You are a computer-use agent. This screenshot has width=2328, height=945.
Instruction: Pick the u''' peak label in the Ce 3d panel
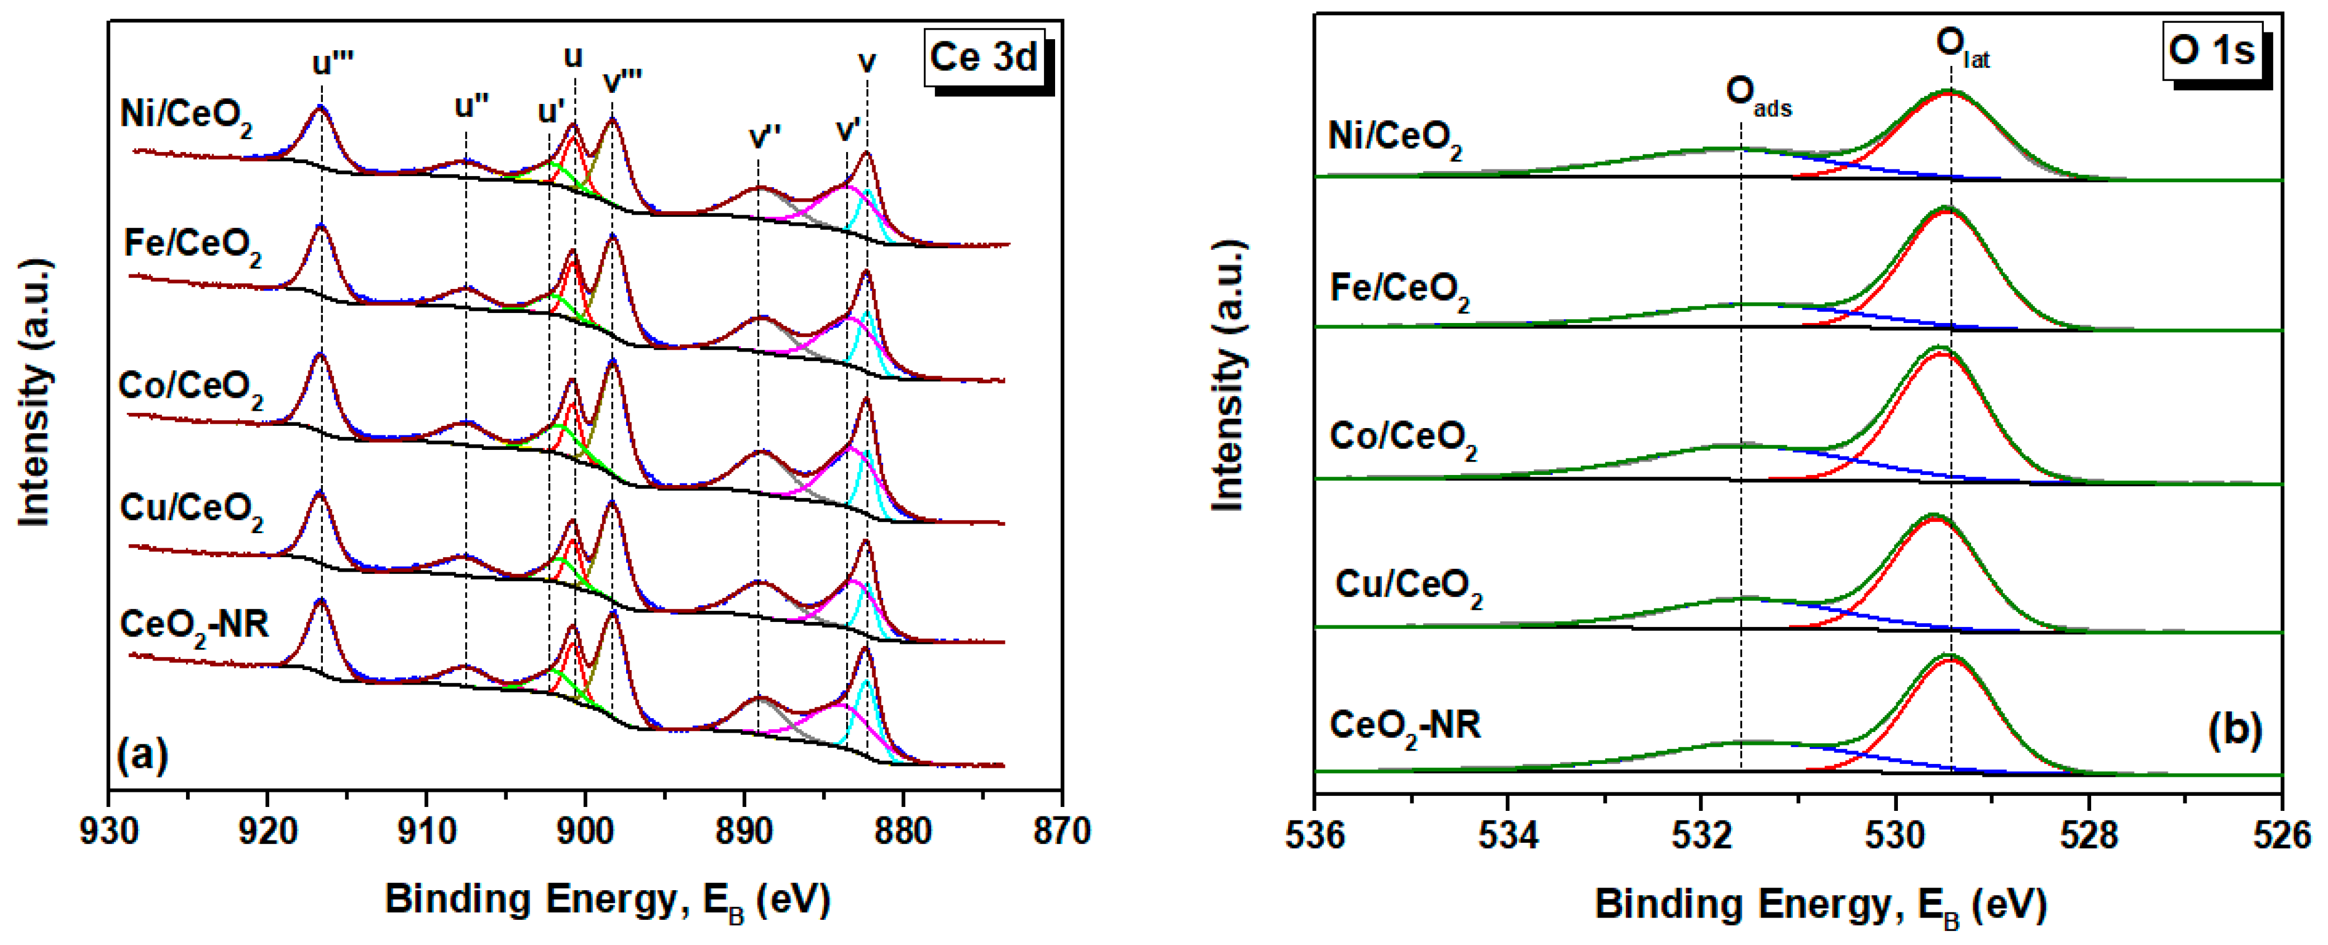[x=332, y=63]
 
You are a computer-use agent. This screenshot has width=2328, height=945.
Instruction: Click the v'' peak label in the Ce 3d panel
[x=765, y=136]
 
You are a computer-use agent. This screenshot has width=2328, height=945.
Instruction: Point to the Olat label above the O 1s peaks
[x=1961, y=46]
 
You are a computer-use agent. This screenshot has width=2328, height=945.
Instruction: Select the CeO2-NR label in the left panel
[x=193, y=626]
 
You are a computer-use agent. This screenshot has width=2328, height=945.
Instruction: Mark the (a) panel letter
[x=142, y=754]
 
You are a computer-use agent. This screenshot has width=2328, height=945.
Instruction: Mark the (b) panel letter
[x=2234, y=729]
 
